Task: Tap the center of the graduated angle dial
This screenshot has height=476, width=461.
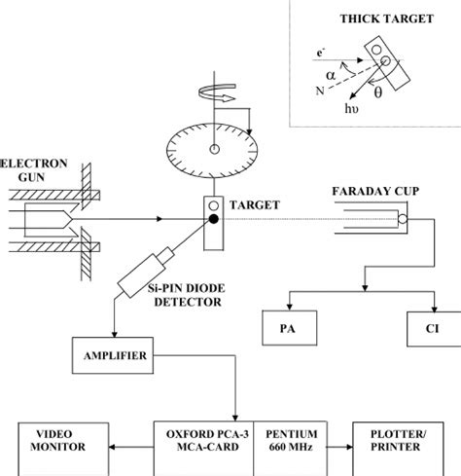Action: tap(212, 149)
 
